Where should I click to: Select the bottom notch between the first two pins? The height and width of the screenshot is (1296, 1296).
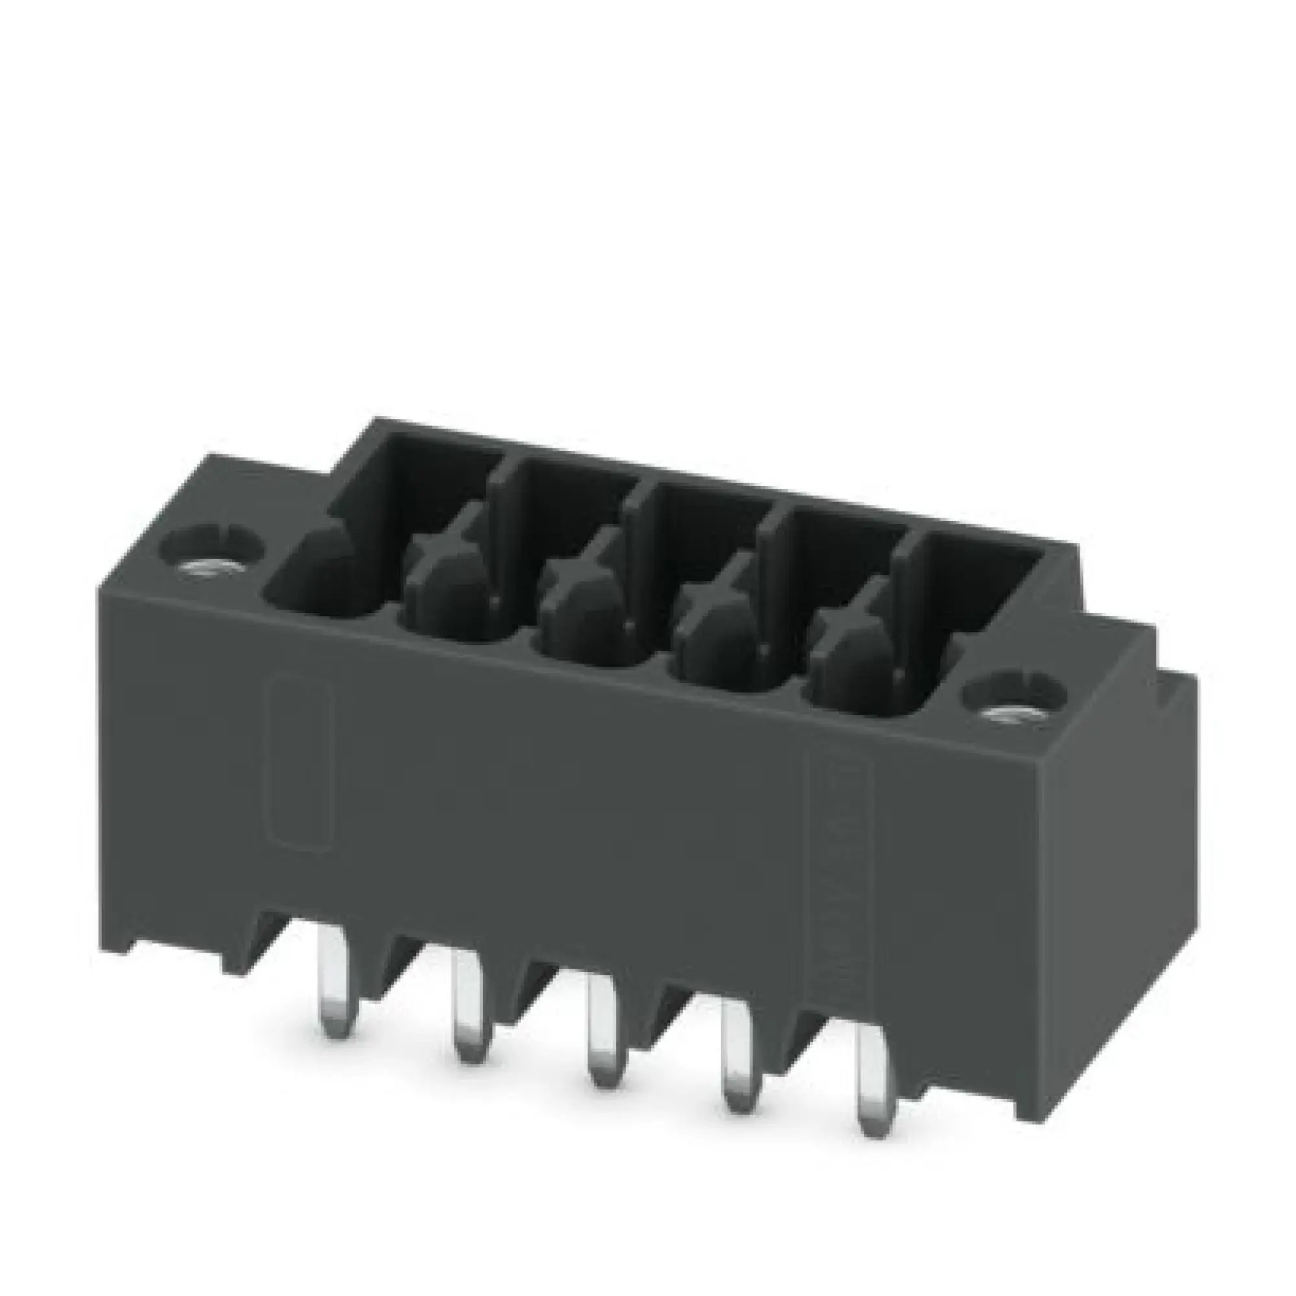tap(402, 966)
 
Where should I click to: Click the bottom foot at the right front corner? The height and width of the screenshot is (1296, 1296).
tap(973, 1067)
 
